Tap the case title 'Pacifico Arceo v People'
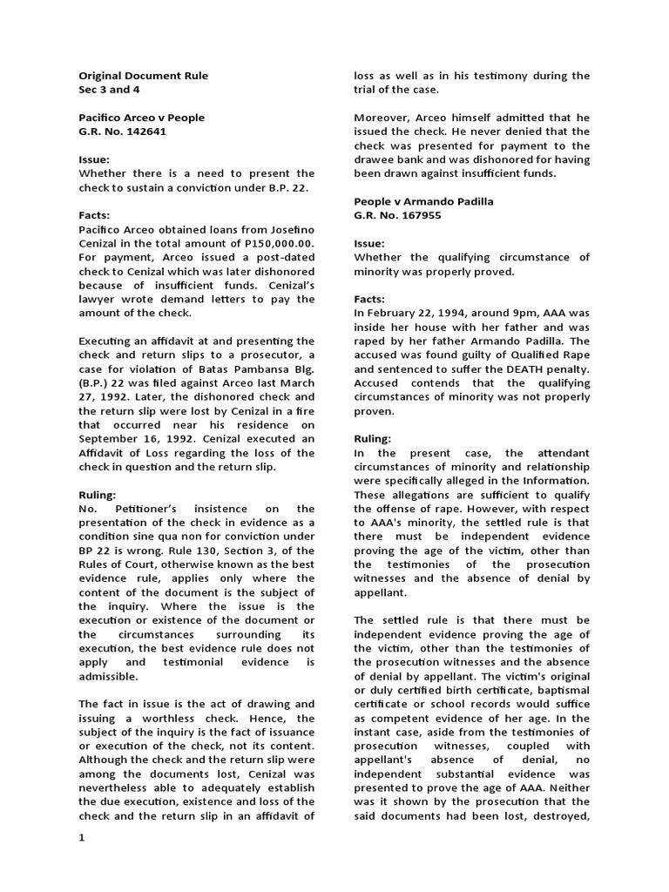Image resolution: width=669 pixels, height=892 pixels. point(142,118)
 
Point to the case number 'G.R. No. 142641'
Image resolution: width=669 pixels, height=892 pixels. point(122,132)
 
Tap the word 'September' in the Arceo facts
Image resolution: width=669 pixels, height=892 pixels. point(113,438)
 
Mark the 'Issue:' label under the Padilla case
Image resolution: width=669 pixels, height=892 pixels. point(369,243)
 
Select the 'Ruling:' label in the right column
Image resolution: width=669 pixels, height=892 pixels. point(372,438)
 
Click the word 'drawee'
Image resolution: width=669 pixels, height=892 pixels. point(375,159)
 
